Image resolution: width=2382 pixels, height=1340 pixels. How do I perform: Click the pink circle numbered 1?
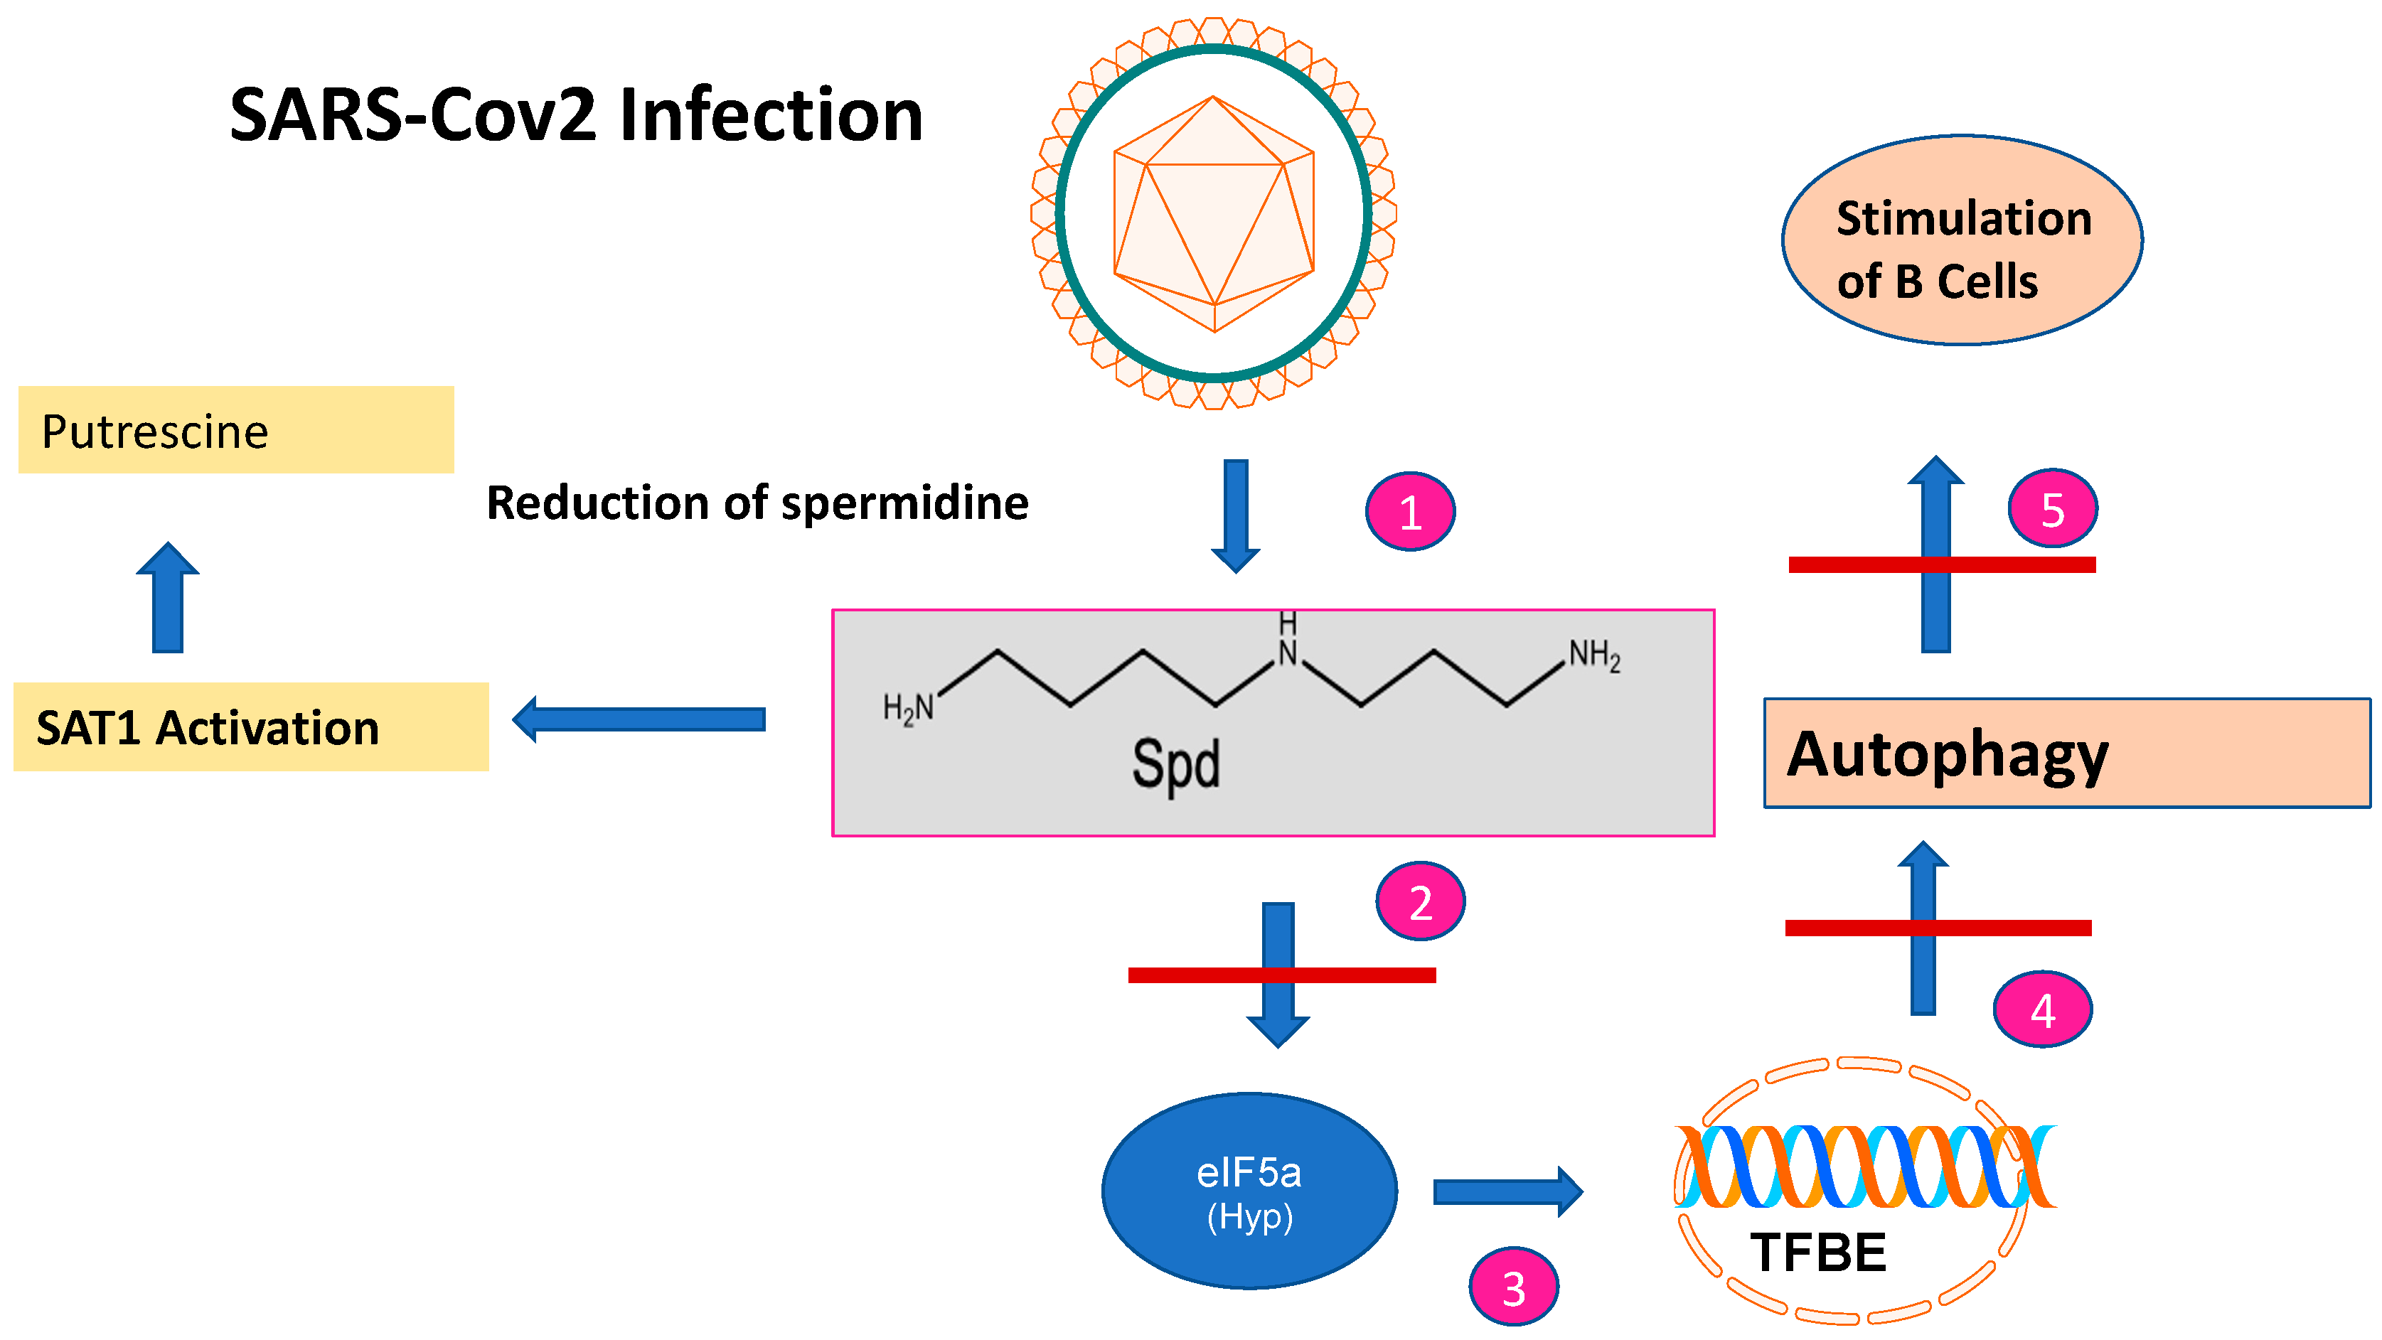[x=1410, y=511]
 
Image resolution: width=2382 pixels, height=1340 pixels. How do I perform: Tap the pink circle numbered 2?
[x=1421, y=901]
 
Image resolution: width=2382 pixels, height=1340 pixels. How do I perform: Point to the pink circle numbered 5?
[x=2052, y=508]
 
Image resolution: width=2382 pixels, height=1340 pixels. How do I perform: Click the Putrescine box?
[x=236, y=430]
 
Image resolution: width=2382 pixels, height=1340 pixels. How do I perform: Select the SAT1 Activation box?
[x=250, y=727]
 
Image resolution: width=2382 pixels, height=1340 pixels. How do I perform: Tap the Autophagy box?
[x=2067, y=754]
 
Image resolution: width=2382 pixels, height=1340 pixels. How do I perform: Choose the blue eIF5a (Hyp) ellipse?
[x=1249, y=1191]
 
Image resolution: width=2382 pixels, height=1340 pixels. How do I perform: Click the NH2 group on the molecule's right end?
[x=1594, y=655]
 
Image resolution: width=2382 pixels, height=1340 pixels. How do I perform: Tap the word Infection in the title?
[x=770, y=116]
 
